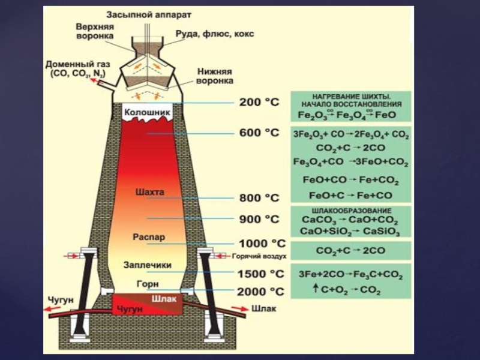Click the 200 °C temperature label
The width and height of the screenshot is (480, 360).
(259, 103)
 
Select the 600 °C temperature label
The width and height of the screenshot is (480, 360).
(259, 133)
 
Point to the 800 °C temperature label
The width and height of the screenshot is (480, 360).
(259, 197)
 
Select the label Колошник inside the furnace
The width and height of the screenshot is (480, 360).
(147, 112)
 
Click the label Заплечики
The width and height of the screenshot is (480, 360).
(148, 265)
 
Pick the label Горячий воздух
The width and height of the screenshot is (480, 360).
(259, 256)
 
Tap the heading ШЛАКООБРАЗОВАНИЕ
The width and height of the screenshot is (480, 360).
(351, 211)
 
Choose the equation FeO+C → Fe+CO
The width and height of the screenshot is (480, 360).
(350, 195)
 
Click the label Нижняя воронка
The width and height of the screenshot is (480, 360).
(215, 75)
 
